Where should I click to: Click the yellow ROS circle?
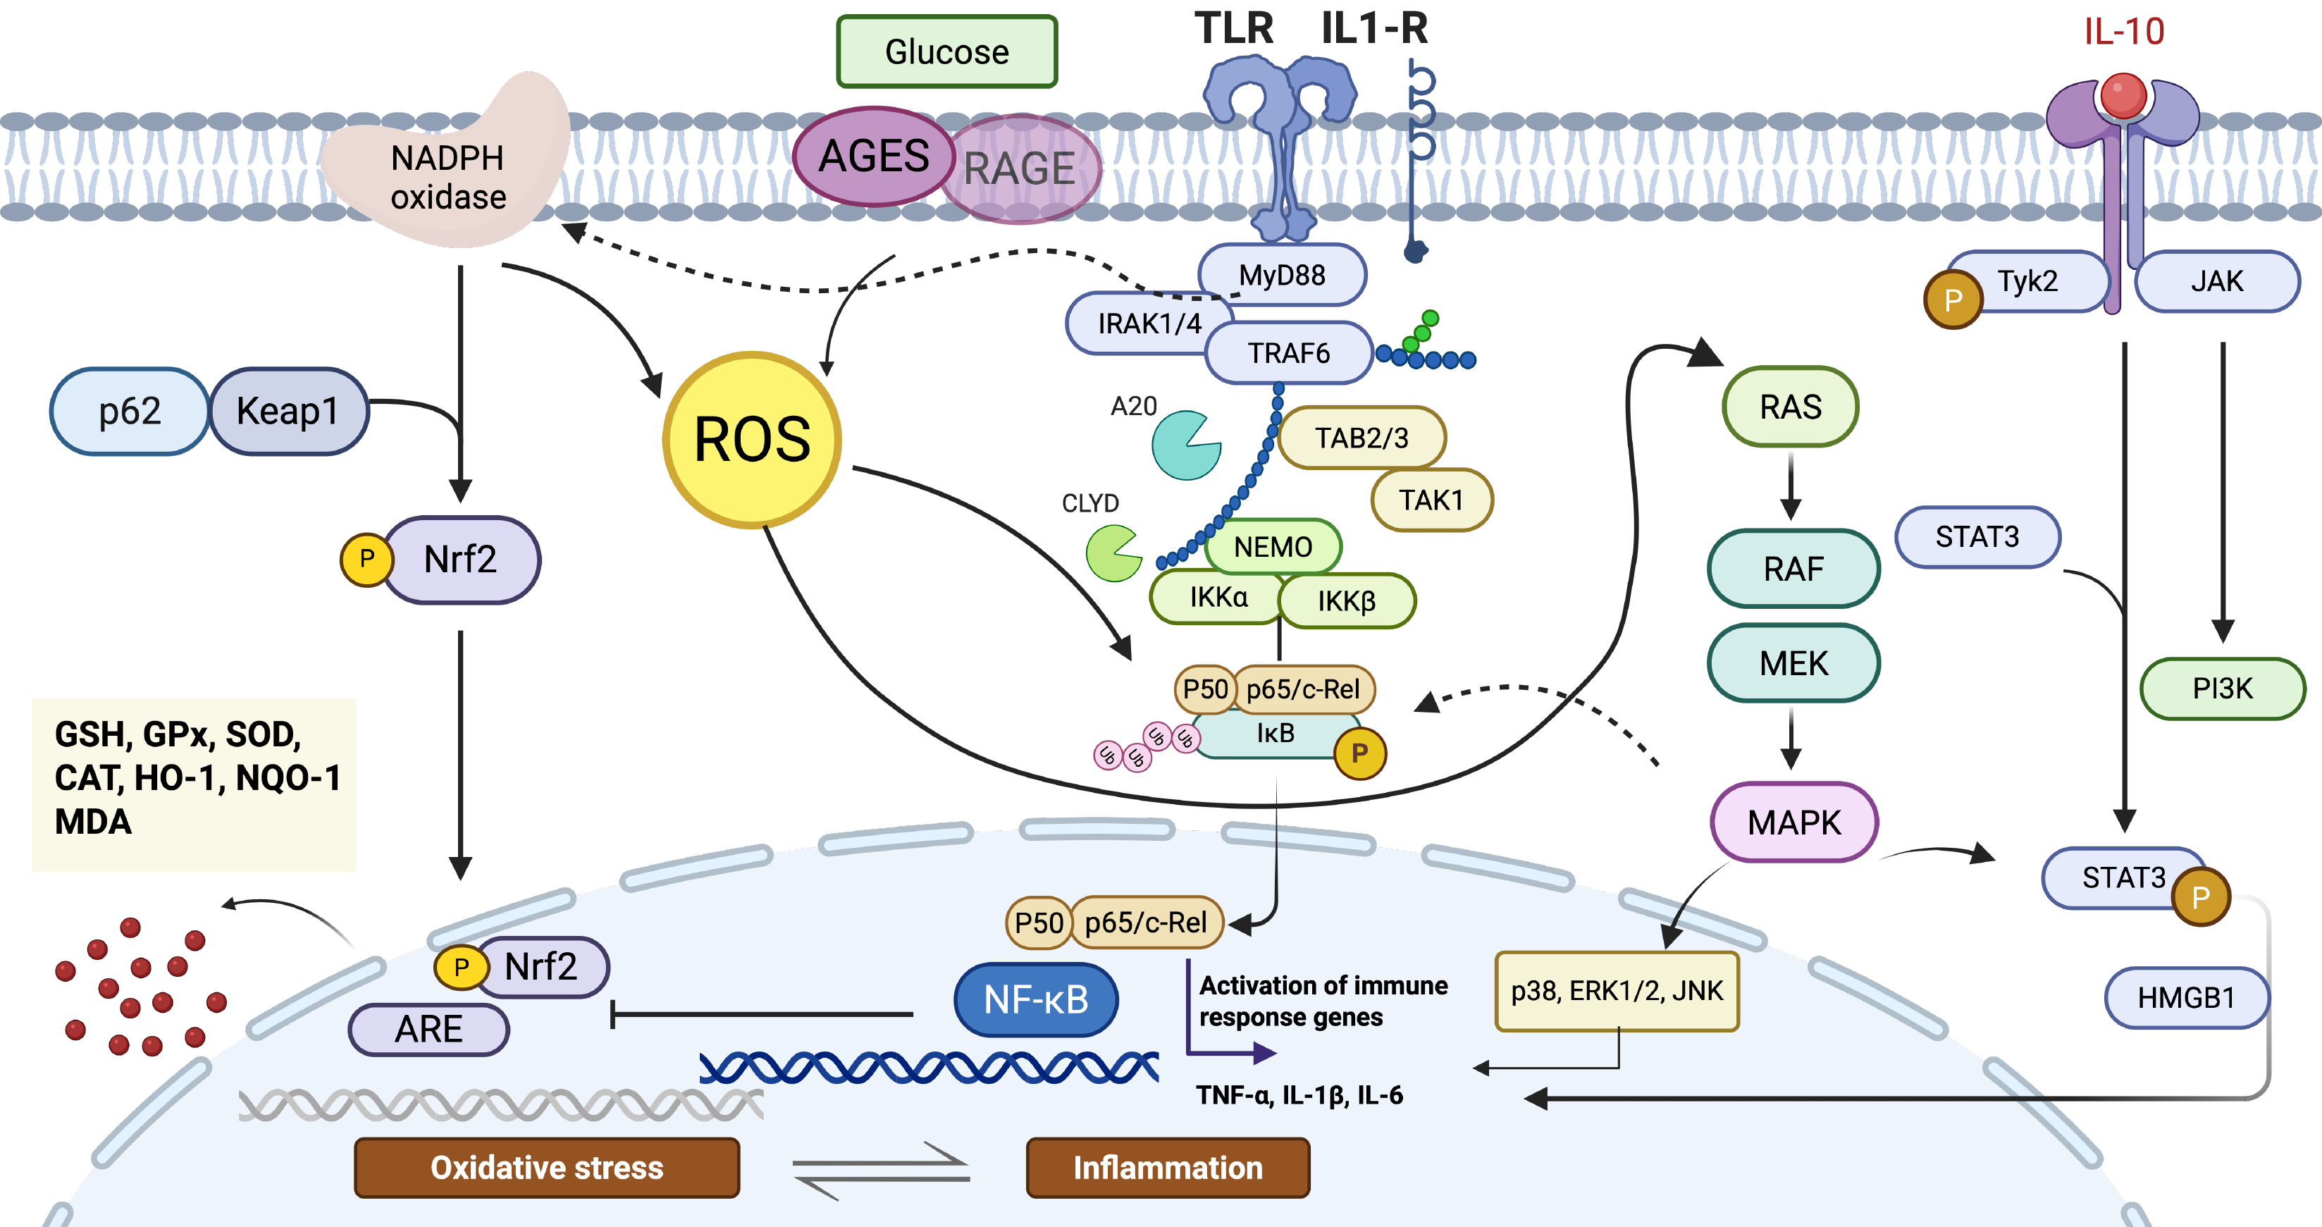[752, 440]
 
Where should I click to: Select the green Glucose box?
[946, 51]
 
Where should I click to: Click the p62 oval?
[130, 411]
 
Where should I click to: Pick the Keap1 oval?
[288, 411]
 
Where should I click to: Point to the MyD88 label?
[1282, 274]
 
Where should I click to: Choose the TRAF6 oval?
[1288, 352]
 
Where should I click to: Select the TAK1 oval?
[1431, 500]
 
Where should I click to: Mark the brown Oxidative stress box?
[546, 1168]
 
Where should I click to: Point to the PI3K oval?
[2222, 689]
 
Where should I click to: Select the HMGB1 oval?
[2186, 998]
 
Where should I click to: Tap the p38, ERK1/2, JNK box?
[1616, 991]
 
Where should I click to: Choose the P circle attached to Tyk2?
[1953, 300]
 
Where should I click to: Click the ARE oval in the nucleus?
[429, 1029]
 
